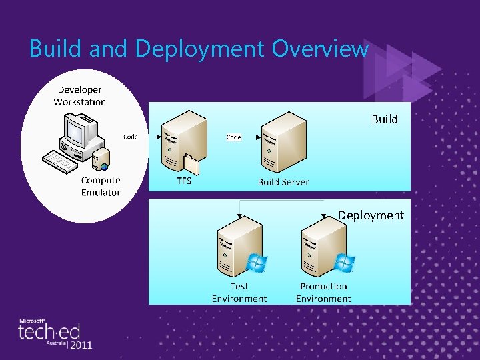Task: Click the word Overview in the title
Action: [x=320, y=48]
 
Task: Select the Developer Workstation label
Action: [x=79, y=95]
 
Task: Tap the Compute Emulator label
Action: [x=101, y=186]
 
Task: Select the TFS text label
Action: [x=183, y=181]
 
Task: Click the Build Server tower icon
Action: [x=279, y=141]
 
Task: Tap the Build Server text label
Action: [x=283, y=181]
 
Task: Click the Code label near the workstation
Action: [x=131, y=137]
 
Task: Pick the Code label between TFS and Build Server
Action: [x=233, y=137]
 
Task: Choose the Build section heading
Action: [x=384, y=119]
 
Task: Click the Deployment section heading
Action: [x=371, y=215]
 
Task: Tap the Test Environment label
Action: [x=239, y=293]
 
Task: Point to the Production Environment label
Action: [x=323, y=293]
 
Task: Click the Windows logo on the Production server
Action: [x=344, y=263]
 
